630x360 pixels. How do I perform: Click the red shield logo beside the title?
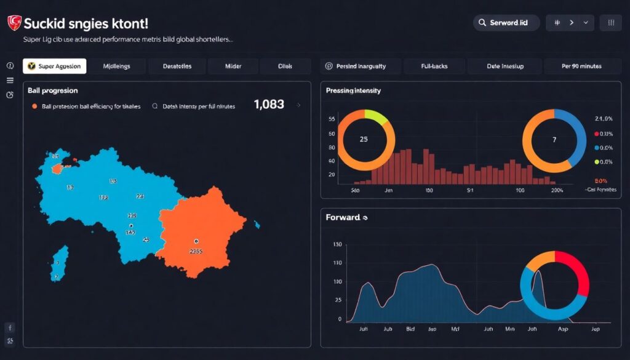pyautogui.click(x=14, y=23)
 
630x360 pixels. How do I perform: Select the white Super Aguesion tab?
pyautogui.click(x=55, y=66)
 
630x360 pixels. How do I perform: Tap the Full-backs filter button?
pyautogui.click(x=434, y=66)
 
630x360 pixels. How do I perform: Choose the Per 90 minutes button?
pyautogui.click(x=581, y=66)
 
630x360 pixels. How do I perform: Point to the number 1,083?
pyautogui.click(x=269, y=105)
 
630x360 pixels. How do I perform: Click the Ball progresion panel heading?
pyautogui.click(x=53, y=90)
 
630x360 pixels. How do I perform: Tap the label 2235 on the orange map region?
pyautogui.click(x=196, y=251)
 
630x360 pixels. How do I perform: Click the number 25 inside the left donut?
pyautogui.click(x=364, y=139)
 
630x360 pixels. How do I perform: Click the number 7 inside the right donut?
pyautogui.click(x=554, y=140)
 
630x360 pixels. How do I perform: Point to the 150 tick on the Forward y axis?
pyautogui.click(x=336, y=244)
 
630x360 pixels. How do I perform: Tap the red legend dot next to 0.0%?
pyautogui.click(x=596, y=134)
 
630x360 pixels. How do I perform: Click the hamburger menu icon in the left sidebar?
pyautogui.click(x=10, y=80)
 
